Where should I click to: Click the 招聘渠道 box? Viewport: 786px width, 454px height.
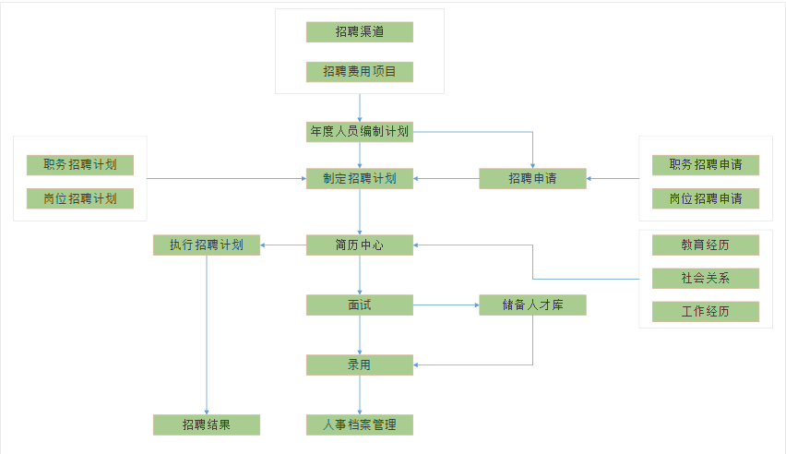[359, 32]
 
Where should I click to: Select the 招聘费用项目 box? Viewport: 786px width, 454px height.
[359, 72]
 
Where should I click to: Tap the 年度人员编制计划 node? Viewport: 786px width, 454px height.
[359, 132]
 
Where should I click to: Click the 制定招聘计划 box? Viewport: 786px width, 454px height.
[359, 179]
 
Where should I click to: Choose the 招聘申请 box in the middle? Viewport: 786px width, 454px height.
[532, 179]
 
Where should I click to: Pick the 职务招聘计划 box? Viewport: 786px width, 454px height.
[79, 165]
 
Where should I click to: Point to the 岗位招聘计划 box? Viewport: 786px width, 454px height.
[79, 198]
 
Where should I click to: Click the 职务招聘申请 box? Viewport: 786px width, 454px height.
[706, 165]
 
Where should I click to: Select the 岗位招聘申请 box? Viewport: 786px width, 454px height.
[706, 198]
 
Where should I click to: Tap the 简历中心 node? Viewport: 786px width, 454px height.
[359, 245]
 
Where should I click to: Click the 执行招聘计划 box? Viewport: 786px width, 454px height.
[206, 245]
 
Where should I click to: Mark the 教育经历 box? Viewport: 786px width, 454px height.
[706, 245]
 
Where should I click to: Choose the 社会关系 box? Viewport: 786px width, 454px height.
[706, 279]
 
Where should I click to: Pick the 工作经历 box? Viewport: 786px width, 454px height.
[706, 312]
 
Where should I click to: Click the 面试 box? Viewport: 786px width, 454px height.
[359, 305]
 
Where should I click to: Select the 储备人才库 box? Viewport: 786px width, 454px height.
[532, 305]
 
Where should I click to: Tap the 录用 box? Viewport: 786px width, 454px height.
[359, 365]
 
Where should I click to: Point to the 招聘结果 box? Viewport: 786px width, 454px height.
[206, 425]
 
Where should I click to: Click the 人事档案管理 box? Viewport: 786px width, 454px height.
[359, 425]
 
